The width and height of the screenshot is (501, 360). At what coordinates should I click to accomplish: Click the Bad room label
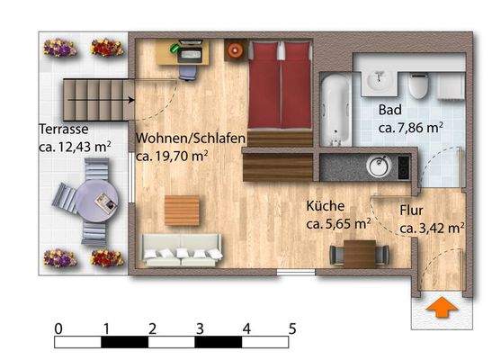[389, 111]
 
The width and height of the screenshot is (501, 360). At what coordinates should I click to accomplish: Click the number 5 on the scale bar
[292, 328]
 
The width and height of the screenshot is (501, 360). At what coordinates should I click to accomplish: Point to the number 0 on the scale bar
[58, 328]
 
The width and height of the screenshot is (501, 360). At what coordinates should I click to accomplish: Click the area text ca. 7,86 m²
[409, 128]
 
